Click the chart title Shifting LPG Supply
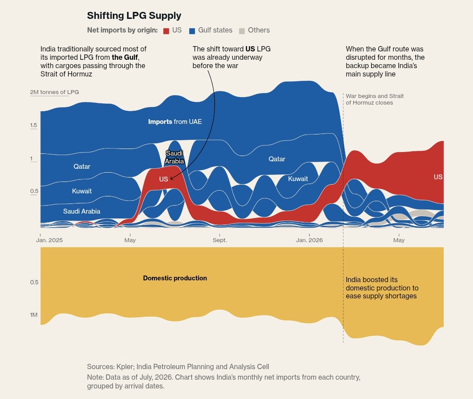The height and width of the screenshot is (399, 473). click(134, 15)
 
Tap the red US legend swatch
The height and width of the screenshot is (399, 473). click(166, 31)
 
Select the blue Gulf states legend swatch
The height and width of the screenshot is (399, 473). click(192, 31)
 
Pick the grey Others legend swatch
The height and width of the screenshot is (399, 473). click(242, 31)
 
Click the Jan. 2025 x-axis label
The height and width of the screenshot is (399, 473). click(49, 240)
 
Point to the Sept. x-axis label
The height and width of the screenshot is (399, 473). click(220, 240)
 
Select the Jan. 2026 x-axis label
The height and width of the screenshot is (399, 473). click(309, 240)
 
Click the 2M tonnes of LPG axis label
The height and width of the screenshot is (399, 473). click(54, 92)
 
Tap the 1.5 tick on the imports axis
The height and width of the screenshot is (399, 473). click(33, 125)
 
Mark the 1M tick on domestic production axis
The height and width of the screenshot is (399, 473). click(34, 315)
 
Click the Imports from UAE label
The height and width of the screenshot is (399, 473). click(175, 122)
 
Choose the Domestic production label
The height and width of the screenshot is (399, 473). click(175, 278)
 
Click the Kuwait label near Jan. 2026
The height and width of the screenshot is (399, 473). click(298, 179)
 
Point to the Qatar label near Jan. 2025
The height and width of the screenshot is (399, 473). click(82, 166)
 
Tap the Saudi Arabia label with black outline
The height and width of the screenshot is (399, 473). click(174, 157)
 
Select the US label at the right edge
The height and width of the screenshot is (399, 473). click(438, 177)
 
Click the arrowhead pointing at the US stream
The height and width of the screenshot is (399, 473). click(171, 178)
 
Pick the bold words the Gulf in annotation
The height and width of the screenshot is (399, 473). click(125, 57)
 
